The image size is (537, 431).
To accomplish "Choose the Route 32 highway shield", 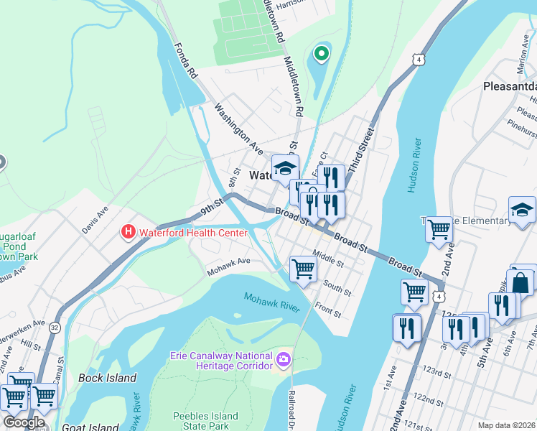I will click(55, 328).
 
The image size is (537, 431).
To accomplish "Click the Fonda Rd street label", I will click(185, 60).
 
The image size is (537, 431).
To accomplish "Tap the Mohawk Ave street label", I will click(228, 266).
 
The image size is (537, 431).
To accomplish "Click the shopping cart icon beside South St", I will click(304, 269).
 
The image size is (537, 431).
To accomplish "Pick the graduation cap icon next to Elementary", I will click(522, 209).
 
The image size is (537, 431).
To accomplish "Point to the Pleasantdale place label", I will click(509, 86).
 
